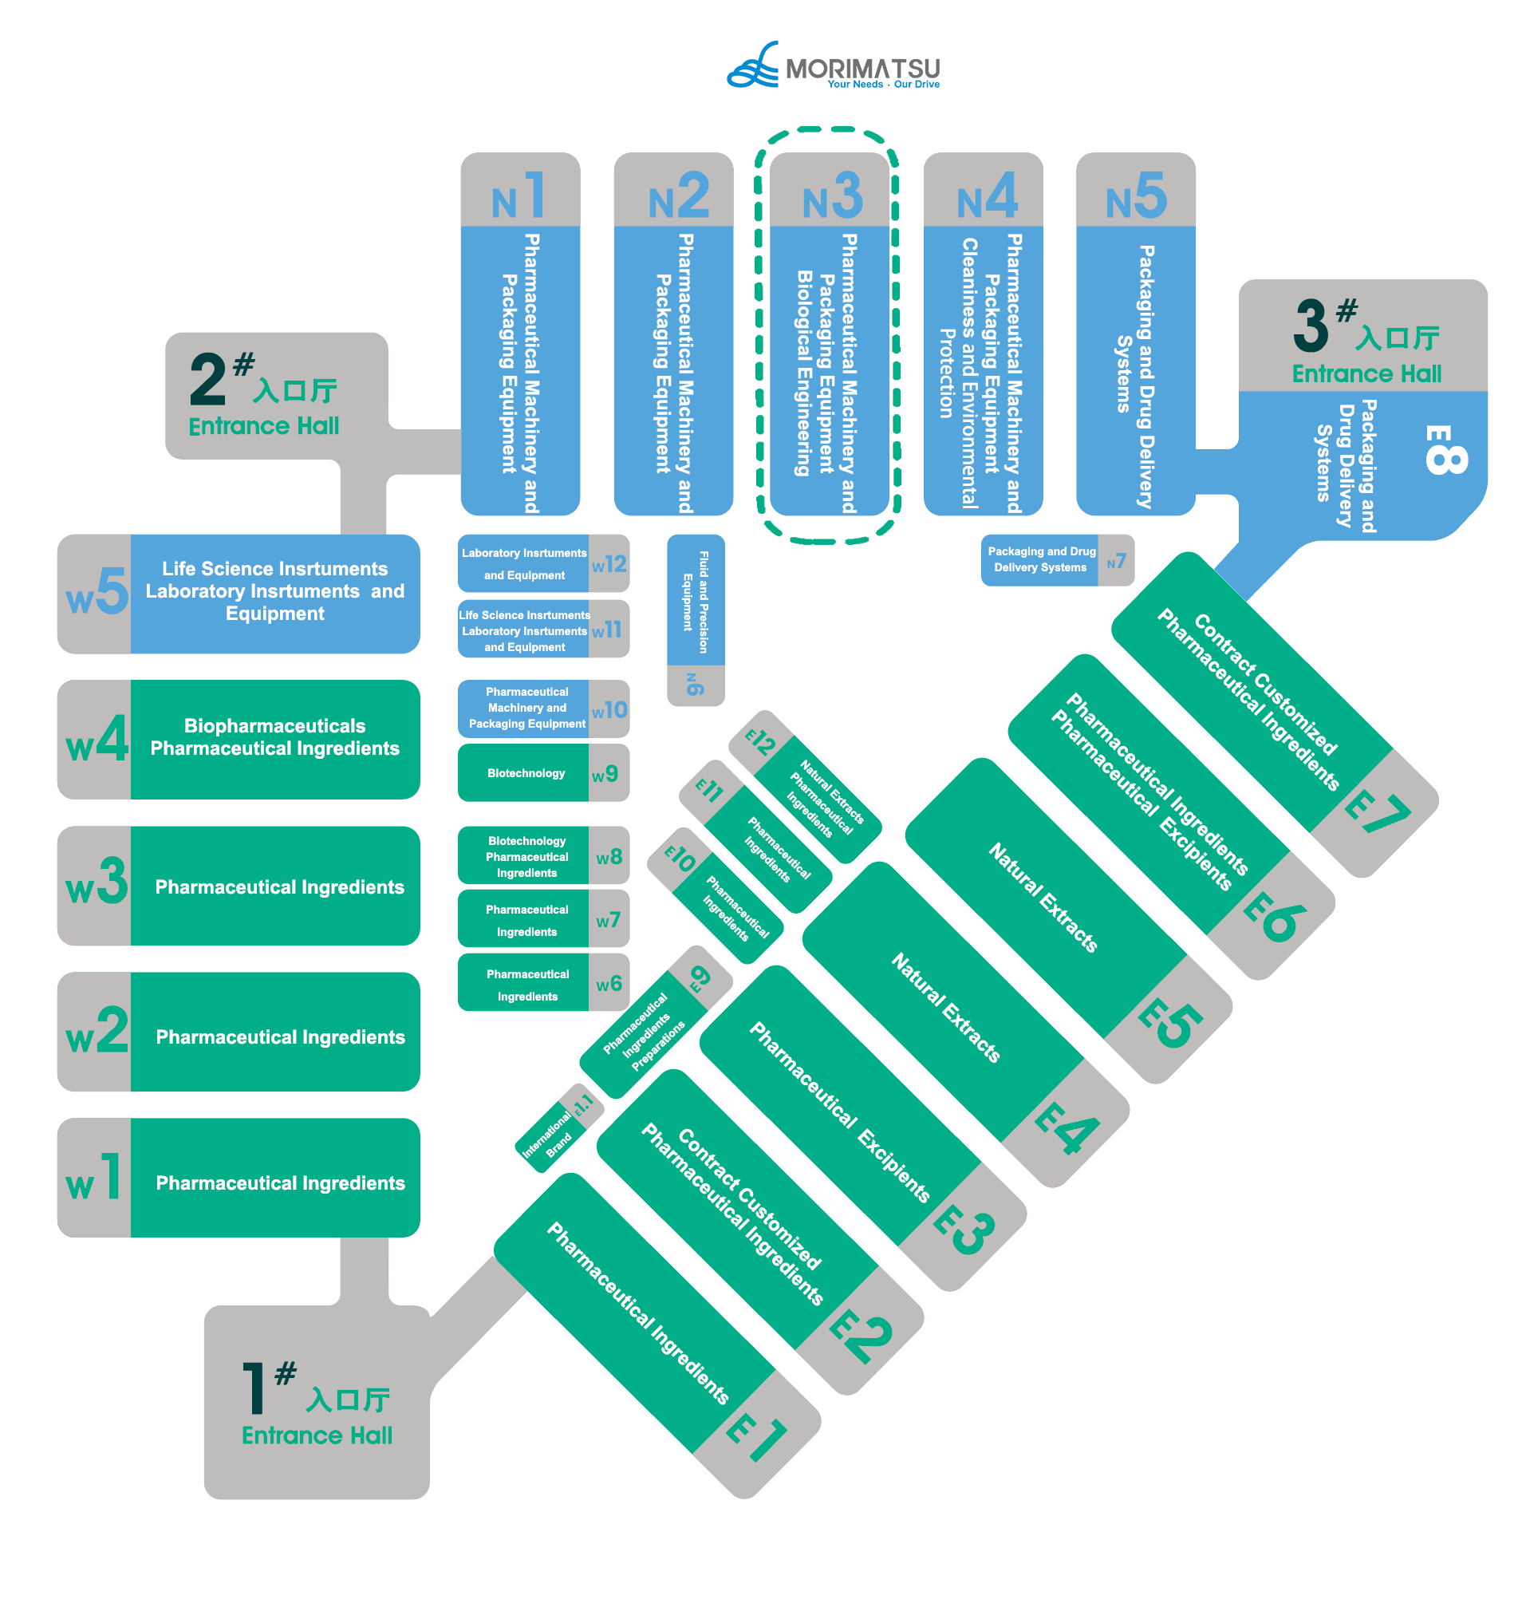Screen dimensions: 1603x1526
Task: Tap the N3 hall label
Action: [831, 196]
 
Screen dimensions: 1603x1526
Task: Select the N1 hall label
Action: [519, 196]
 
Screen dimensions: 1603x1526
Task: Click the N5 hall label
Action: [1136, 196]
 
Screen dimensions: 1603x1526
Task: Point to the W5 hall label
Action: [96, 592]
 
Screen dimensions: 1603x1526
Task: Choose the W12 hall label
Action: [609, 564]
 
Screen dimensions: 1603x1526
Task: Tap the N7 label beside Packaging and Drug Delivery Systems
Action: [1116, 562]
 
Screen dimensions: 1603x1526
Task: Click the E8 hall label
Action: [1445, 449]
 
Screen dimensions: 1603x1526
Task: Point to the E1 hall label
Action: [756, 1439]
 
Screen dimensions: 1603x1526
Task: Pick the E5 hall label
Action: [1169, 1024]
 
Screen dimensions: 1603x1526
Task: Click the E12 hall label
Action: [760, 741]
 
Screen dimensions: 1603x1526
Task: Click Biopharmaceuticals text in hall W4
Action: [275, 726]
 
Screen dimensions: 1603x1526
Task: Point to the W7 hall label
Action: [608, 920]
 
